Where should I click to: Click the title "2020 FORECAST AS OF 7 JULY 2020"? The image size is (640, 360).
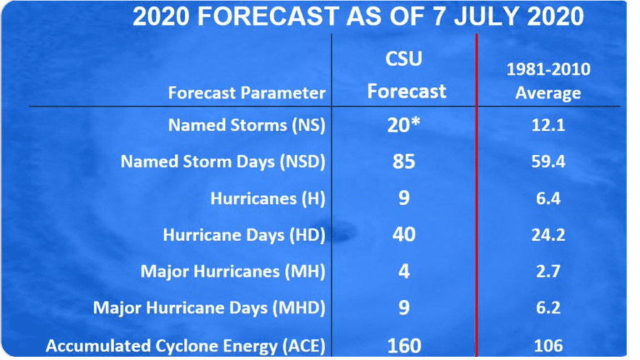tap(358, 17)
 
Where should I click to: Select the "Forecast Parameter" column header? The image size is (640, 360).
tap(246, 92)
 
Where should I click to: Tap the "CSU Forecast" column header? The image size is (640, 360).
tap(406, 75)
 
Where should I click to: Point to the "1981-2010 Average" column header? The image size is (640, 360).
tap(548, 81)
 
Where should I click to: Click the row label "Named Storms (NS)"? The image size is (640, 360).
tap(246, 125)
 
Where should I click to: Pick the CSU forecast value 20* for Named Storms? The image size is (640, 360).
tap(403, 124)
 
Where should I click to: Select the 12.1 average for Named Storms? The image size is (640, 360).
tap(548, 125)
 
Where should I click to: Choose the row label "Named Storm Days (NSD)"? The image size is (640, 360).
tap(223, 162)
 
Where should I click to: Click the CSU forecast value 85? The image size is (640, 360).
tap(404, 162)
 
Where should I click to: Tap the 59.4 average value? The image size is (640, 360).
tap(548, 162)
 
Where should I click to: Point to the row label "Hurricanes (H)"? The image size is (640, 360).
tap(267, 199)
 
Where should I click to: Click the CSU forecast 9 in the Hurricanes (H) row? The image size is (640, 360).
tap(404, 198)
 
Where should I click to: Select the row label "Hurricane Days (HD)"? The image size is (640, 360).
tap(244, 235)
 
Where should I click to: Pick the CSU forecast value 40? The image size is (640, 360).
tap(404, 235)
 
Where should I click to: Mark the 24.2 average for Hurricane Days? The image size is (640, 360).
tap(548, 235)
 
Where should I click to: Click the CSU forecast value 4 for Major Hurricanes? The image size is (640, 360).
tap(404, 271)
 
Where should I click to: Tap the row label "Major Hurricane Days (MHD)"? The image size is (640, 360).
tap(209, 308)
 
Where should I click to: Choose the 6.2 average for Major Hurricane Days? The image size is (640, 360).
tap(548, 307)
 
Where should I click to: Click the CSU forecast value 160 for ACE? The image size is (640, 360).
tap(404, 346)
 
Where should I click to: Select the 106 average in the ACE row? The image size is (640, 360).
tap(548, 346)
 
